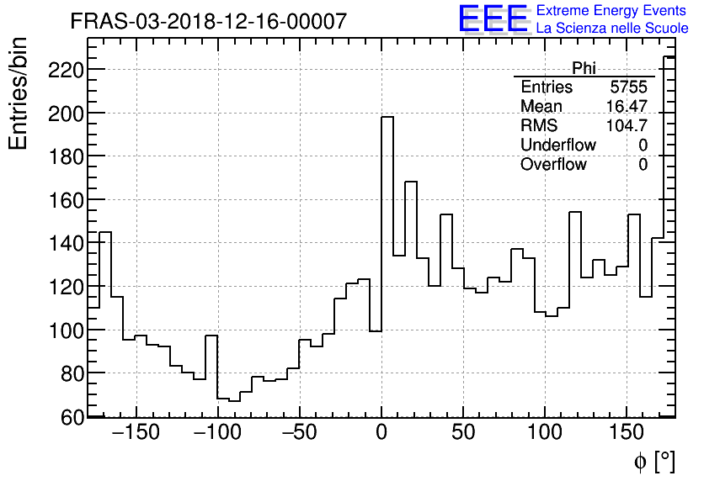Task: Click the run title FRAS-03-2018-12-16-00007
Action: [x=208, y=22]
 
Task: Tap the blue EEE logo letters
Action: [x=493, y=18]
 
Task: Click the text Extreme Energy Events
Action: [x=612, y=11]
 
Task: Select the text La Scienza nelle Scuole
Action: [x=612, y=28]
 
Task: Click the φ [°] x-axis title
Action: [x=653, y=462]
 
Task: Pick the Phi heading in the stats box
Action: [x=584, y=68]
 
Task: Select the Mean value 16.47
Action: [x=627, y=107]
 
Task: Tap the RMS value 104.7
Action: [x=627, y=126]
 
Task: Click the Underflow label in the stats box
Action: [x=557, y=145]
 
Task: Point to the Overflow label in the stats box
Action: [x=553, y=165]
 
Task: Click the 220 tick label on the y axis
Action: [x=65, y=70]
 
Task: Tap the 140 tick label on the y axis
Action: [x=65, y=244]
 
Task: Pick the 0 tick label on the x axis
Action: [x=381, y=434]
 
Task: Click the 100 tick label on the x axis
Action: [x=545, y=434]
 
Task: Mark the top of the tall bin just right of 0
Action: [x=387, y=117]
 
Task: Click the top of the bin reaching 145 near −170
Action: [x=105, y=231]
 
